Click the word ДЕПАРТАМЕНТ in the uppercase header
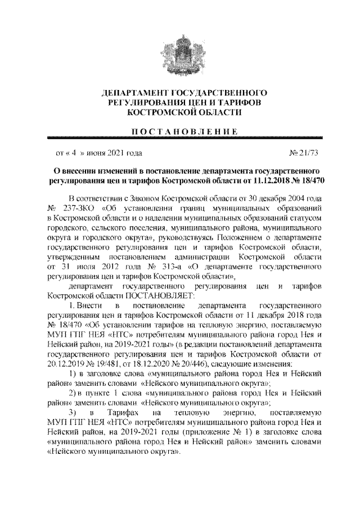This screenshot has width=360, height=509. [x=129, y=92]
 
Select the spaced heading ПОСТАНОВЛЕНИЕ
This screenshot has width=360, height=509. [x=180, y=131]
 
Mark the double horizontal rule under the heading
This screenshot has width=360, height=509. [x=180, y=138]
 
